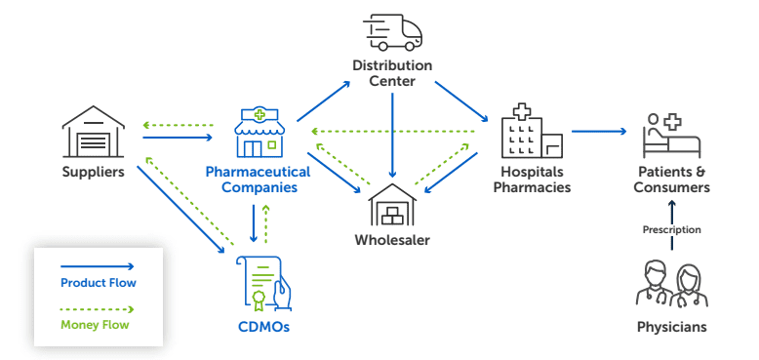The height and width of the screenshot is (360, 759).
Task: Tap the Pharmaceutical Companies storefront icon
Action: pos(259,133)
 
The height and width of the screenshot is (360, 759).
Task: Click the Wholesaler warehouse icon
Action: pos(392,204)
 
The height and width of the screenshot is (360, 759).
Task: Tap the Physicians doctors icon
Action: pos(670,284)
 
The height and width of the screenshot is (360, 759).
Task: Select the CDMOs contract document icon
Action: pos(262,284)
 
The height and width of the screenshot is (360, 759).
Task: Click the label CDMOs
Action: pos(262,327)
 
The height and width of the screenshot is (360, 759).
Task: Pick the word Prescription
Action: pos(671,230)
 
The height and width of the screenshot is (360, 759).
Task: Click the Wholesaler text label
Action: pos(392,240)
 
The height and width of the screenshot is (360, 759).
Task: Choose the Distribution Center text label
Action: pos(392,74)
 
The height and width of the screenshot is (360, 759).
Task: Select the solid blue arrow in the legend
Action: pos(98,264)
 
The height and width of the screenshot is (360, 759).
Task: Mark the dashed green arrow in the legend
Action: pos(98,306)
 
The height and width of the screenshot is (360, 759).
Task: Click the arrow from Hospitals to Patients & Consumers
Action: pos(598,130)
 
